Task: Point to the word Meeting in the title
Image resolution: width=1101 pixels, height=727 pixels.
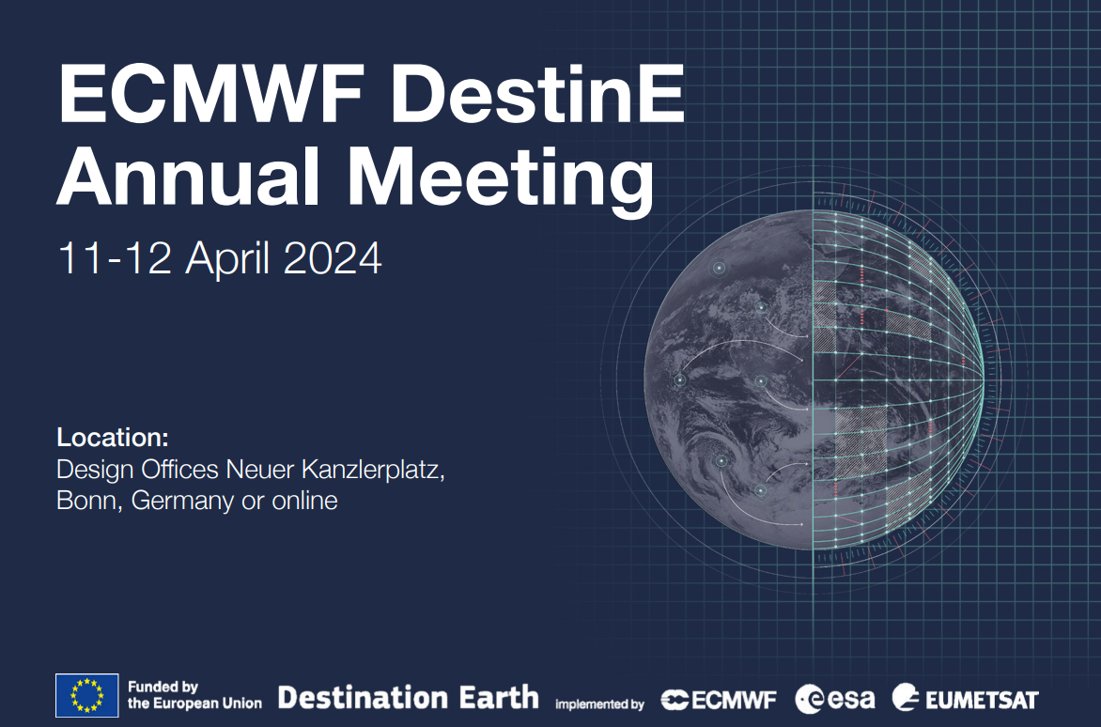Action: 502,180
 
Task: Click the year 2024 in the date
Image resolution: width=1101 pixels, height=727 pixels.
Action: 333,258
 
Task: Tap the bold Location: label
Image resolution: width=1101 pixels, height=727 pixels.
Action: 113,438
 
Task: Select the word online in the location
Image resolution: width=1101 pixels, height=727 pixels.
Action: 304,501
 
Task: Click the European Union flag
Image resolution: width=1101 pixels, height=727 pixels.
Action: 86,696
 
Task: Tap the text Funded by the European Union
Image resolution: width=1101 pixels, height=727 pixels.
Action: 194,696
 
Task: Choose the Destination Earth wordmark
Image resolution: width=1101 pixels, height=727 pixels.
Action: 409,697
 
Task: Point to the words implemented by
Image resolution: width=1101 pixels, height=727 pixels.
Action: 599,704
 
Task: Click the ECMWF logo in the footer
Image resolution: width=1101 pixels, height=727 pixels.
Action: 719,700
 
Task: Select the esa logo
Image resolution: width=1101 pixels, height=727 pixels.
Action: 835,699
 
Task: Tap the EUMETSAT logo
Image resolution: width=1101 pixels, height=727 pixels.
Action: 966,699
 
